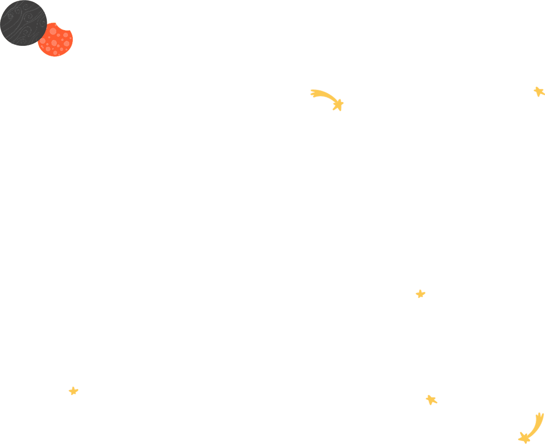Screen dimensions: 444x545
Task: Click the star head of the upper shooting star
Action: tap(338, 105)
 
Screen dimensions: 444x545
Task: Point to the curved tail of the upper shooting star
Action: tap(325, 95)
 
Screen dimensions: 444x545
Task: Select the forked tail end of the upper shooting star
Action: tap(313, 93)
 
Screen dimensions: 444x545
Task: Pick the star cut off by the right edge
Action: tap(539, 91)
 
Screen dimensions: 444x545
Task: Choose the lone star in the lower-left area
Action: tap(74, 391)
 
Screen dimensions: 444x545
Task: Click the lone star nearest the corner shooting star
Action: tap(431, 400)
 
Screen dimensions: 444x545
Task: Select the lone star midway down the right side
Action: tap(420, 294)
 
